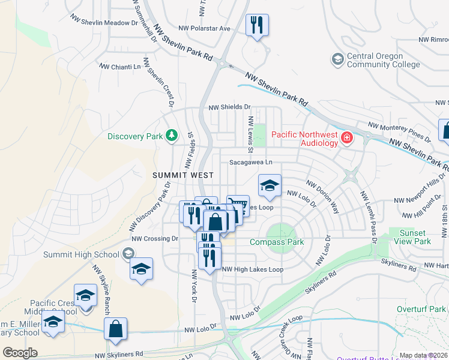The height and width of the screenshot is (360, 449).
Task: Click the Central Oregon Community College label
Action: tap(375, 60)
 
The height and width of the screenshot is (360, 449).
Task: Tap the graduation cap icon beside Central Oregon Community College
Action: tap(337, 59)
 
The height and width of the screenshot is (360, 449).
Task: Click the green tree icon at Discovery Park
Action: tap(172, 136)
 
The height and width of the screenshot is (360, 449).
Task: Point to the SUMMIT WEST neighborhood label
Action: tap(183, 175)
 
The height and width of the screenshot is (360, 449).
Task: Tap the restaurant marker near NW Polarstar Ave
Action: tap(257, 25)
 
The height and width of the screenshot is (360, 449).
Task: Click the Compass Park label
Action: tap(277, 242)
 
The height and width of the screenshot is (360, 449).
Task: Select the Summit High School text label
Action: tap(81, 254)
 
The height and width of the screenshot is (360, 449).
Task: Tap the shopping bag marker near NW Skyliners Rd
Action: tap(115, 329)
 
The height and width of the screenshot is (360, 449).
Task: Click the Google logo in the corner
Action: tap(20, 353)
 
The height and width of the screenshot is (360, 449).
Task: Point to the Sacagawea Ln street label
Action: tap(250, 162)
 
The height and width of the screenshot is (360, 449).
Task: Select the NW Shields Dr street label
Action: tap(229, 107)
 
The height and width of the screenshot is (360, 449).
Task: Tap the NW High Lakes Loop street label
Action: tap(253, 269)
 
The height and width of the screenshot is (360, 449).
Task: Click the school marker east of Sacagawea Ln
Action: tap(270, 185)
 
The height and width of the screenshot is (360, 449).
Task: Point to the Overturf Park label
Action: tap(422, 309)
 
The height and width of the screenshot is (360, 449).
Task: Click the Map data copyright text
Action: tap(423, 355)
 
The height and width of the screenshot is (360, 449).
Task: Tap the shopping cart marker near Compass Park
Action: tap(238, 205)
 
